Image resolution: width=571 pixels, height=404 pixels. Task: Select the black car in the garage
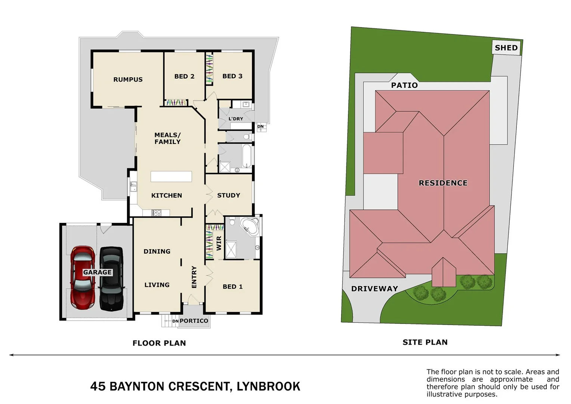[111, 279]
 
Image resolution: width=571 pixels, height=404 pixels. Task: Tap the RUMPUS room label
[128, 79]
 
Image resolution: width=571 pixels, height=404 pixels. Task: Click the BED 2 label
[184, 76]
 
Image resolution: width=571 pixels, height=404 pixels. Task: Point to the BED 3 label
[232, 76]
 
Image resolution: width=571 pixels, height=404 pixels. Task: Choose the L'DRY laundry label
[236, 119]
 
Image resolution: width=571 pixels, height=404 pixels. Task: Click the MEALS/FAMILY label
[167, 138]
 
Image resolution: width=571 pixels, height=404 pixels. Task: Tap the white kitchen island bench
[171, 176]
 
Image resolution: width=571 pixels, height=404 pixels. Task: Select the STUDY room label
[228, 195]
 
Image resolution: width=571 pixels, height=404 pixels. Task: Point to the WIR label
[219, 244]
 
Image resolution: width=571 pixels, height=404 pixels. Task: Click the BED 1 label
[232, 287]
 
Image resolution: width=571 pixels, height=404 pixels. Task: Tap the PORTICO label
[194, 321]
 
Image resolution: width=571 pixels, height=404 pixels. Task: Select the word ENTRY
[194, 277]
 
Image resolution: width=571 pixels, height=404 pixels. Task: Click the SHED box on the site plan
[506, 48]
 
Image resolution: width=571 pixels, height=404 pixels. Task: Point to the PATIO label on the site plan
[404, 85]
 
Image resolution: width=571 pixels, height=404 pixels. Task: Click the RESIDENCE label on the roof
[443, 183]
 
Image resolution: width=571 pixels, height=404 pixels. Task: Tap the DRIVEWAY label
[374, 288]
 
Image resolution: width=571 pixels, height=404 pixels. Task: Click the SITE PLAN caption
[425, 342]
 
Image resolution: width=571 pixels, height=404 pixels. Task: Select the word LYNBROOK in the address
[268, 386]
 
